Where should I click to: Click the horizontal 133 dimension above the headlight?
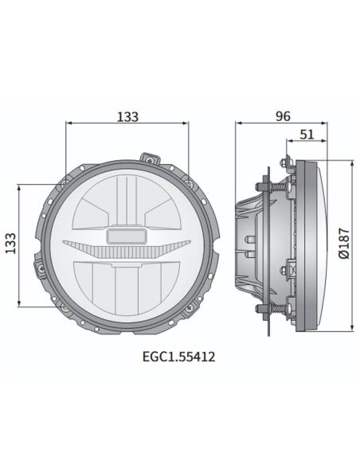(x=127, y=116)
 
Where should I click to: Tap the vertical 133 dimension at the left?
(x=11, y=244)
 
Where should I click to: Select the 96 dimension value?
(x=282, y=116)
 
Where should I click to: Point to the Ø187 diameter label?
(x=343, y=244)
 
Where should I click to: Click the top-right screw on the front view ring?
(x=188, y=182)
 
